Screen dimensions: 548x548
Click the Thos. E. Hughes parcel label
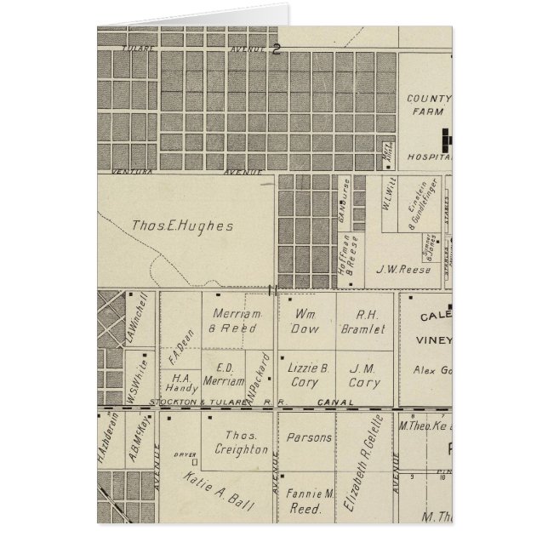pos(182,226)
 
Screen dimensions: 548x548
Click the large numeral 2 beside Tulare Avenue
pos(277,49)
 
